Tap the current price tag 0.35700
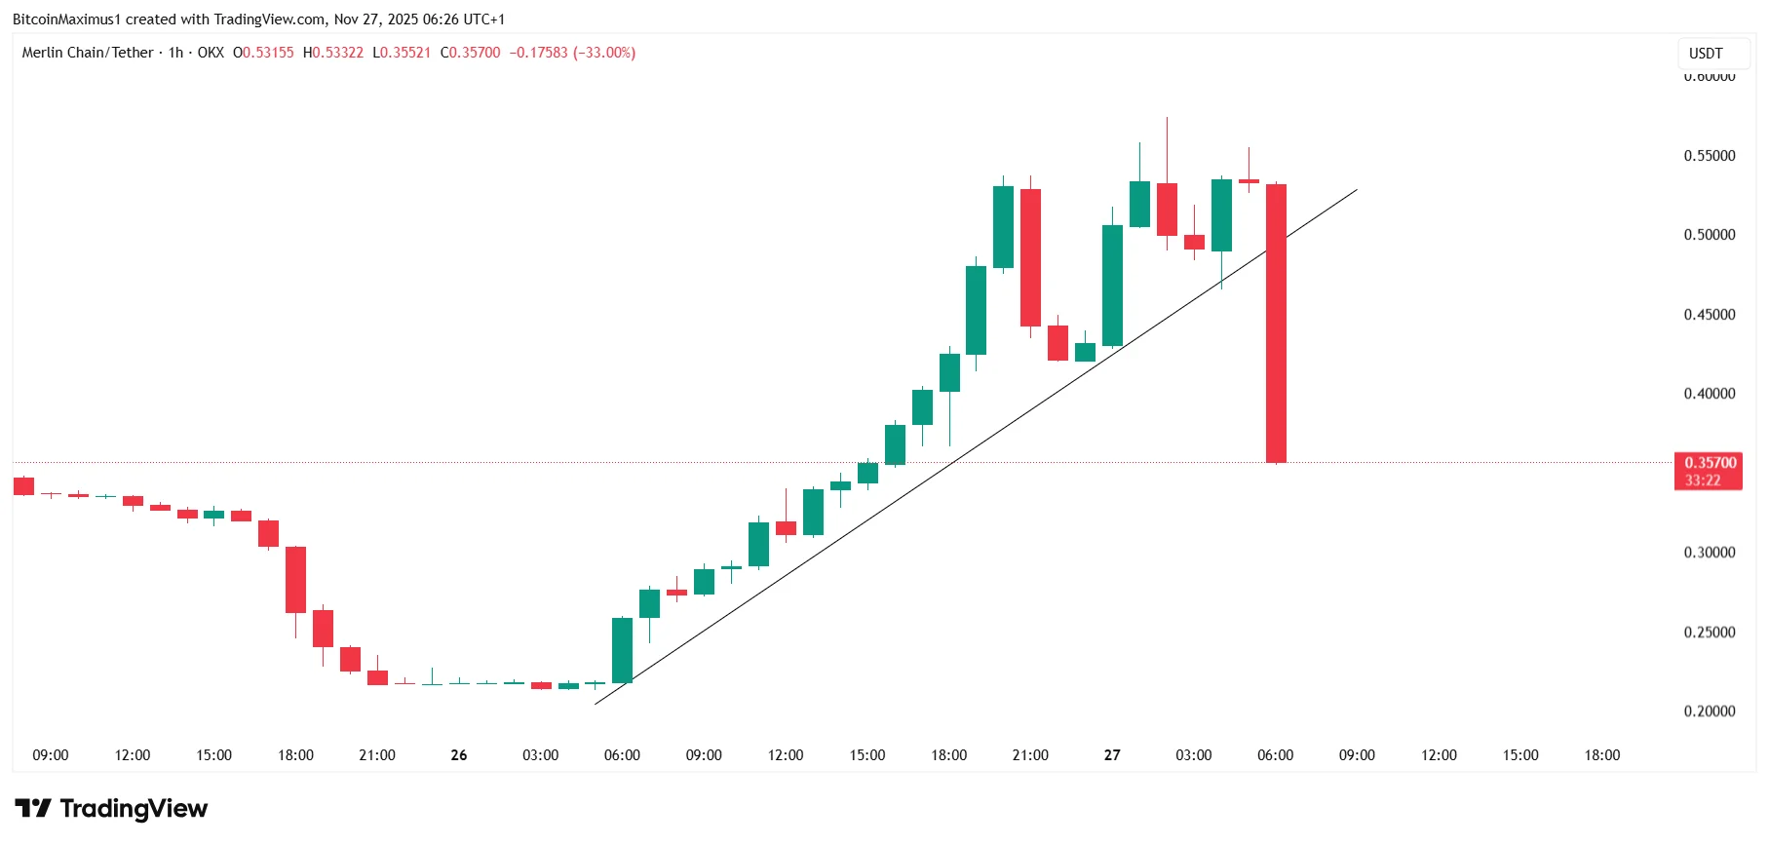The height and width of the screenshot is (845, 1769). coord(1710,463)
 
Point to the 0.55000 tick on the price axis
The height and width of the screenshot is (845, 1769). coord(1710,156)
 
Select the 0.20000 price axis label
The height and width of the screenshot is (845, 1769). coord(1710,711)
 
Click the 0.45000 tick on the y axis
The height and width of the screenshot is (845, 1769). coord(1710,315)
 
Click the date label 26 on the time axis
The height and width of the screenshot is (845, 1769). coord(459,755)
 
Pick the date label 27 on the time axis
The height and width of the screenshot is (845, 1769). coord(1112,755)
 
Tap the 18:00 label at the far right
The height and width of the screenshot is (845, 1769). coord(1601,755)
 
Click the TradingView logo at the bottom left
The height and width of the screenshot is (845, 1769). coord(111,809)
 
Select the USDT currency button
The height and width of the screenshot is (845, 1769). coord(1706,54)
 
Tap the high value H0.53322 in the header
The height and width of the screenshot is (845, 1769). coord(333,53)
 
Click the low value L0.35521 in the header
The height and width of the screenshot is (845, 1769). coord(402,53)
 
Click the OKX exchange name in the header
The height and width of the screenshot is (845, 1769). coord(211,53)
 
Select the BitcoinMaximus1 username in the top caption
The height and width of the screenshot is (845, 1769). coord(66,19)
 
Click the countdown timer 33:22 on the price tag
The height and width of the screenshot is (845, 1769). coord(1703,480)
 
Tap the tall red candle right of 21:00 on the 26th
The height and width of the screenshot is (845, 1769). coord(1030,258)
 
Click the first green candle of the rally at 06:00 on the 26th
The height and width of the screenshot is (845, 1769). coord(622,650)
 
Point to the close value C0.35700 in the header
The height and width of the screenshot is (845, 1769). coord(470,53)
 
